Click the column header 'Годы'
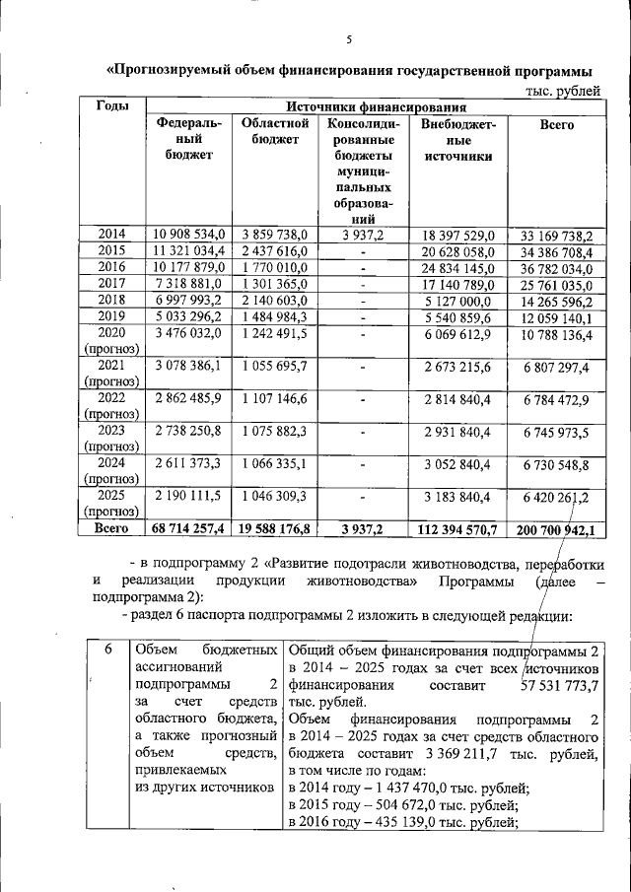pyautogui.click(x=111, y=106)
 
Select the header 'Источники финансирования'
pyautogui.click(x=375, y=106)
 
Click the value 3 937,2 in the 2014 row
pyautogui.click(x=363, y=235)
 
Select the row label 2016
pyautogui.click(x=111, y=266)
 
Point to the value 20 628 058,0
pyautogui.click(x=457, y=250)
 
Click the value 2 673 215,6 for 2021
pyautogui.click(x=457, y=367)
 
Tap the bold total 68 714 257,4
pyautogui.click(x=188, y=529)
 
